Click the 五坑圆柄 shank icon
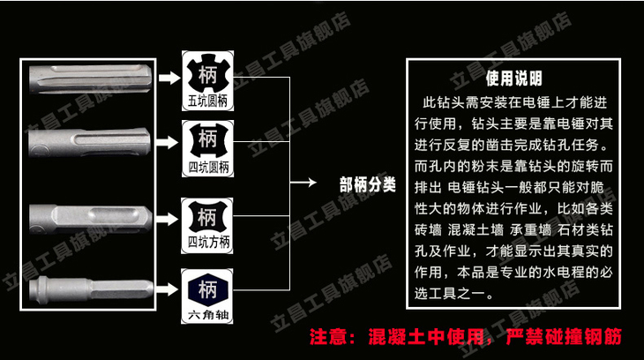tap(208, 71)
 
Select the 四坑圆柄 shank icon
tap(208, 139)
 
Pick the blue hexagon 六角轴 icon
tap(208, 288)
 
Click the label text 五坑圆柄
tap(208, 101)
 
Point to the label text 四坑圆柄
tap(208, 167)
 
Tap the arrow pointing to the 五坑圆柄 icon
tap(168, 78)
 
